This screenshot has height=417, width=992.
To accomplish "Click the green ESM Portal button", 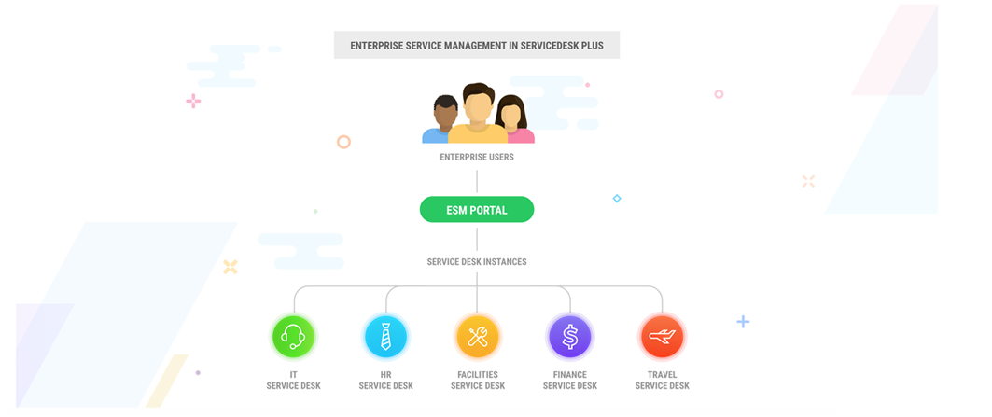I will (476, 210).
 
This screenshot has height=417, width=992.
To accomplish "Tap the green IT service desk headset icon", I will (293, 336).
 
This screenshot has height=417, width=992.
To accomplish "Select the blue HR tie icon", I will (385, 336).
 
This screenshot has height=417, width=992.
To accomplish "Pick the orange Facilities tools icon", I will (477, 336).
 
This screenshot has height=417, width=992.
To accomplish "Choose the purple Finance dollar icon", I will (569, 336).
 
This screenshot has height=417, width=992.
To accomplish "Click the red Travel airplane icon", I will (662, 336).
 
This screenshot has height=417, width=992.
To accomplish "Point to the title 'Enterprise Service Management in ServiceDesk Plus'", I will (476, 45).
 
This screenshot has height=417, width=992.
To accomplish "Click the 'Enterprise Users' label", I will (476, 158).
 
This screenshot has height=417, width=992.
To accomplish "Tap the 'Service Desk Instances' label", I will (476, 262).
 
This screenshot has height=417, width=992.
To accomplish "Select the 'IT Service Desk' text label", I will (293, 380).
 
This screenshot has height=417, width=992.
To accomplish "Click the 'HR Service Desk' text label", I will (385, 380).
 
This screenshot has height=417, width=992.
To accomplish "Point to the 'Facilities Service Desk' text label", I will (477, 380).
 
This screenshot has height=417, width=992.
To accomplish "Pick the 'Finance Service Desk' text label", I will (569, 380).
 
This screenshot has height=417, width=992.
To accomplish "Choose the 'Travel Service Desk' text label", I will (662, 380).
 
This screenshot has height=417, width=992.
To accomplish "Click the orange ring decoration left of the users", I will (343, 142).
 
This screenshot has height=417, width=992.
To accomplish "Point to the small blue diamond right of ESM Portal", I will (617, 199).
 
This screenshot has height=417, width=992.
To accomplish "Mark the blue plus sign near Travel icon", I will (743, 322).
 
